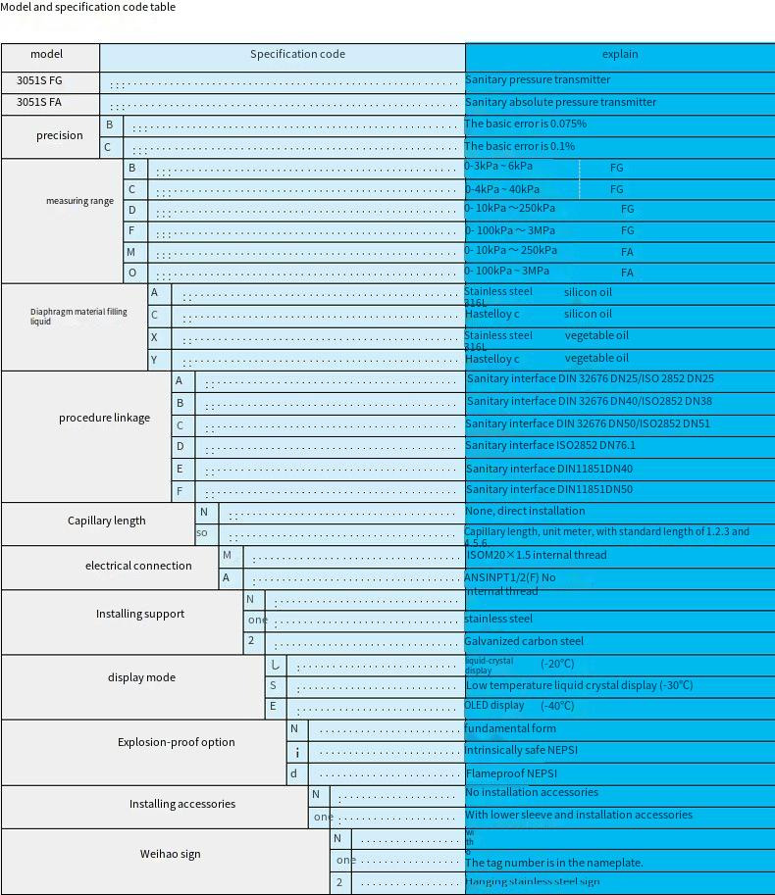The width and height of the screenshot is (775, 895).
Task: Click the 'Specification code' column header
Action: (x=297, y=55)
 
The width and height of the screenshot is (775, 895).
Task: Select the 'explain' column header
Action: (x=619, y=55)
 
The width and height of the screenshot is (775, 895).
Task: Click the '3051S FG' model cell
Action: (x=39, y=80)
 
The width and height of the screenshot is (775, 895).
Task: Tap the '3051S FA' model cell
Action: (x=39, y=102)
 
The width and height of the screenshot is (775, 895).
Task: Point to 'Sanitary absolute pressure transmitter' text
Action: (x=561, y=102)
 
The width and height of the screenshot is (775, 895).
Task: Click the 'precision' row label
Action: (x=60, y=136)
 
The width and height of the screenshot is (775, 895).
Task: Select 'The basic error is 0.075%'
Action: (x=526, y=124)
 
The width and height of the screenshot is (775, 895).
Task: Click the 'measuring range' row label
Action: (x=79, y=201)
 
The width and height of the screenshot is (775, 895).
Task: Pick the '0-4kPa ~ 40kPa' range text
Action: (x=502, y=189)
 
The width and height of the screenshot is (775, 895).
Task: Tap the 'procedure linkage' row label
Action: (x=104, y=418)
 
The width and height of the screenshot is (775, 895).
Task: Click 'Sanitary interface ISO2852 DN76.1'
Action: (x=550, y=446)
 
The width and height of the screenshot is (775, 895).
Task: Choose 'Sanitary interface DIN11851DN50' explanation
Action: (x=549, y=490)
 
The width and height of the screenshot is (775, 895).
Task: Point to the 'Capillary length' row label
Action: (x=106, y=521)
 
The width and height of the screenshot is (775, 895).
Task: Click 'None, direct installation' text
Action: (x=525, y=512)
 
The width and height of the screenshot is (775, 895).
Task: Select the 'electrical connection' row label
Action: (x=138, y=566)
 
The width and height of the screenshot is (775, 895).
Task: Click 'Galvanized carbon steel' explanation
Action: (x=524, y=642)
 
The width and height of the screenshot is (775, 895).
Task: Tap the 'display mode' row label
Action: (x=141, y=677)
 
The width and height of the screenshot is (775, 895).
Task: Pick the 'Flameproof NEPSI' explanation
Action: (x=511, y=773)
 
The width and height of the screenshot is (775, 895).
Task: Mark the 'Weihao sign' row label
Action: (x=170, y=854)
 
